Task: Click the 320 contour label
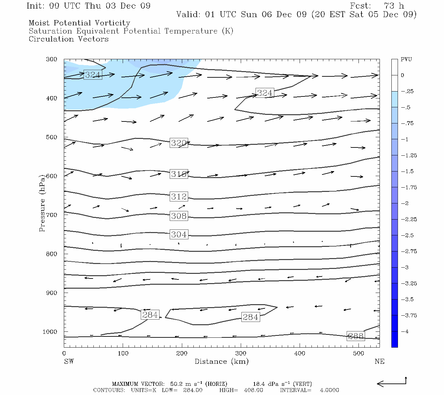click(x=179, y=143)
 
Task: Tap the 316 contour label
click(x=179, y=174)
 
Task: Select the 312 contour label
click(x=179, y=197)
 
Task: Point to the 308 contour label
click(x=179, y=216)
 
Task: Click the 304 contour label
click(x=179, y=234)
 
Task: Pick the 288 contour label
click(x=356, y=336)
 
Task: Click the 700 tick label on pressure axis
click(x=52, y=215)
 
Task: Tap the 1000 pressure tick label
click(x=50, y=332)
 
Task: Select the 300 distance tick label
click(x=241, y=354)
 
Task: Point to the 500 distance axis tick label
click(x=358, y=354)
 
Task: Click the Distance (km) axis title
click(x=221, y=361)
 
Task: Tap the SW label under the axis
click(x=69, y=361)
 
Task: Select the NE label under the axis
click(x=379, y=361)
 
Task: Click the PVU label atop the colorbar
click(x=406, y=60)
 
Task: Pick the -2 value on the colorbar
click(x=405, y=203)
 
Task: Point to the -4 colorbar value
click(x=405, y=331)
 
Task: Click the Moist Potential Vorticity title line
click(x=79, y=23)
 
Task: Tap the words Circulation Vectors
click(x=68, y=39)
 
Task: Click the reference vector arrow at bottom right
click(x=391, y=383)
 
